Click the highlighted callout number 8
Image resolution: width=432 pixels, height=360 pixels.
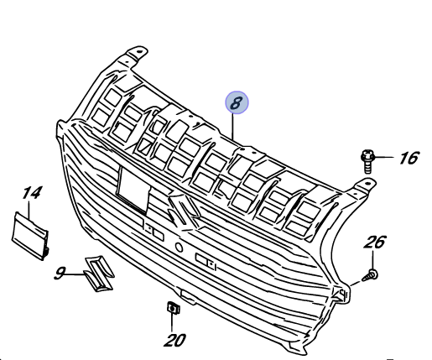[x=237, y=102]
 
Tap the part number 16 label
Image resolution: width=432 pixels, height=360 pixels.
[x=409, y=158]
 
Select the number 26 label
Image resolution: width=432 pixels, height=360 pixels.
[x=375, y=243]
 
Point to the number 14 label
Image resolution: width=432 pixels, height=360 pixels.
[x=33, y=193]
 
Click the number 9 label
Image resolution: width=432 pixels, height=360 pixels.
[x=60, y=274]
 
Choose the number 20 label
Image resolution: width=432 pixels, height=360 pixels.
[x=174, y=340]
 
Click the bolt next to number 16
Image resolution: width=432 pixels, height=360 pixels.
[x=367, y=162]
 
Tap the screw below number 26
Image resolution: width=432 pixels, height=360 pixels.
[x=370, y=275]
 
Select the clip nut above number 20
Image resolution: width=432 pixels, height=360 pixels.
[x=173, y=308]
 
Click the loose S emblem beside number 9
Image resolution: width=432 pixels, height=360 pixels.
[x=99, y=274]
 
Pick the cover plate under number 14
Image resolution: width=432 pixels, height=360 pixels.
[x=30, y=236]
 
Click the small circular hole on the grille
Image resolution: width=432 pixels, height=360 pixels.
[x=179, y=248]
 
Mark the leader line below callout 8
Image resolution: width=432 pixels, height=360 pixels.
[x=232, y=127]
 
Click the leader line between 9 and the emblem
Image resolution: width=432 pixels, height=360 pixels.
[x=75, y=274]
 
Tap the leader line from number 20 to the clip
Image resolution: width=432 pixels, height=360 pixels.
[x=172, y=323]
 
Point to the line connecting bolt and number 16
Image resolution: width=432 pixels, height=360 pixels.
[x=384, y=158]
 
